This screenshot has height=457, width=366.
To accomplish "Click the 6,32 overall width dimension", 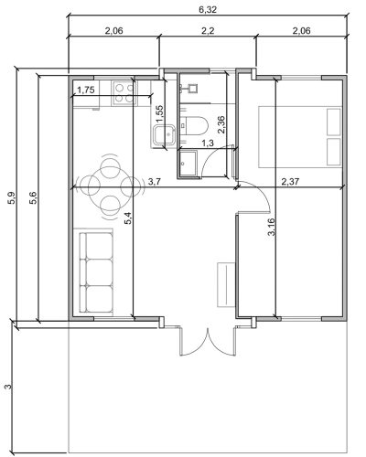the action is point(208,10).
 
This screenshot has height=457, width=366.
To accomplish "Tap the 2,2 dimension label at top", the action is point(208,31).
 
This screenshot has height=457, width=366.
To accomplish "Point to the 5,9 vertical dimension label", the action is point(13,198).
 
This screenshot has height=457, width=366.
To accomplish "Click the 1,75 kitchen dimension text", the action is point(86,90).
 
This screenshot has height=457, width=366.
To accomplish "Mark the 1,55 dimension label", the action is point(160,113).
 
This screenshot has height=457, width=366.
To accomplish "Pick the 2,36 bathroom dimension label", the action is point(221,124).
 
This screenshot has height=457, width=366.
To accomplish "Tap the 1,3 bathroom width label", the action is point(208,143).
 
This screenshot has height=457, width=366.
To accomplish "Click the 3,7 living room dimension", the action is point(155,182).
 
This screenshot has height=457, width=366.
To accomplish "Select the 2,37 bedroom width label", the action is point(290,182).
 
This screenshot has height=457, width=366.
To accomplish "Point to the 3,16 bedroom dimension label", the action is point(271,227).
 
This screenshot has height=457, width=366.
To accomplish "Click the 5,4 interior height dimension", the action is point(128,218).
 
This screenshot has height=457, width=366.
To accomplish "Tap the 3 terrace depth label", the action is point(9,387).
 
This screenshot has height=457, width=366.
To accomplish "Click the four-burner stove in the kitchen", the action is point(124,93).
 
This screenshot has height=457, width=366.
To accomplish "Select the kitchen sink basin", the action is point(165,135).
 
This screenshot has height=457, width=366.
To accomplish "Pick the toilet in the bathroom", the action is point(194,125).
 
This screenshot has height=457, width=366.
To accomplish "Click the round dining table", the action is point(110,186).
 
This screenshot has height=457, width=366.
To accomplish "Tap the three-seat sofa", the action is point(96,272).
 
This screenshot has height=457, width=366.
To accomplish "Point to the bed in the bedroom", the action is point(299,137).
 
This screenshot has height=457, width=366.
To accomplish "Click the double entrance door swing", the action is point(208,341).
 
